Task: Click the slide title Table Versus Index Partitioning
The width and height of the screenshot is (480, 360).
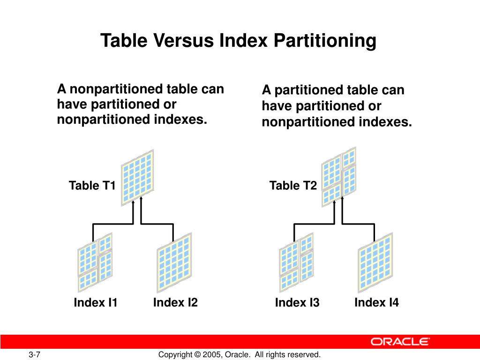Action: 238,41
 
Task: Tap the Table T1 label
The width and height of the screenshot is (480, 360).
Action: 92,186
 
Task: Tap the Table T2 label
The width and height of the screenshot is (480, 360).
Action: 293,186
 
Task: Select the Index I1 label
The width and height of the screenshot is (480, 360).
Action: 96,303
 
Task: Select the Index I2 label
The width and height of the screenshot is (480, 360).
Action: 175,303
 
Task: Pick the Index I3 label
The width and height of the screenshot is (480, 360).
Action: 297,303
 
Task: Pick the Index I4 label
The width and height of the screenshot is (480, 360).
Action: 376,303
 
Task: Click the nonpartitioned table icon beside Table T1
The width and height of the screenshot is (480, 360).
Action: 137,177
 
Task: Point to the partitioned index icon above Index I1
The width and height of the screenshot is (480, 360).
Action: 95,262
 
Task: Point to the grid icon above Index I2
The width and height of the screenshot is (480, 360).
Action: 174,262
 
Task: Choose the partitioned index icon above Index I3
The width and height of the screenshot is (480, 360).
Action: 296,262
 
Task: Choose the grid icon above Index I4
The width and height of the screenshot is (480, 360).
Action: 375,262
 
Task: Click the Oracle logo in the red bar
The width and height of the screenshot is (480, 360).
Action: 400,342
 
